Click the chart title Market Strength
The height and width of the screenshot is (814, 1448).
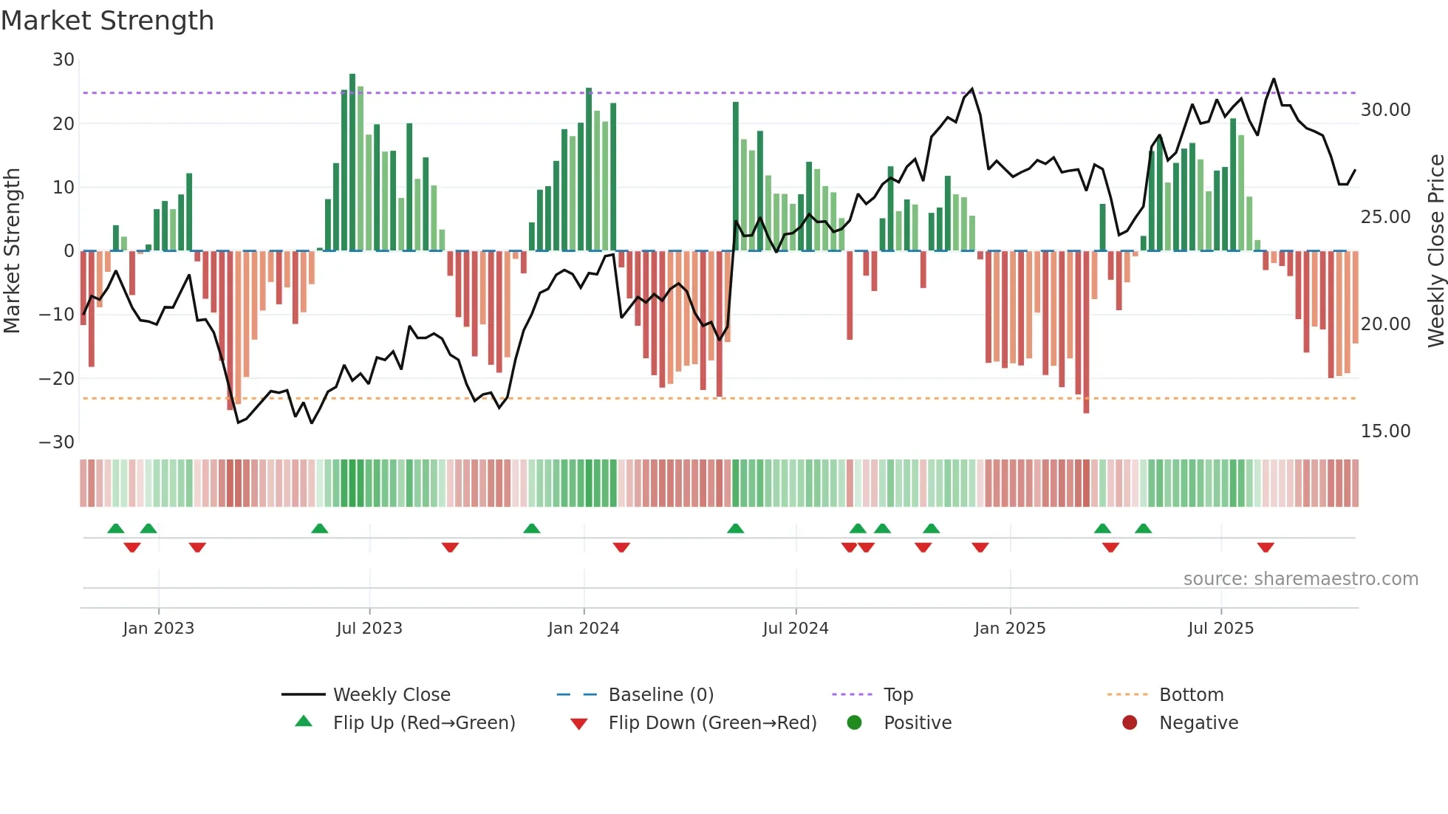click(107, 21)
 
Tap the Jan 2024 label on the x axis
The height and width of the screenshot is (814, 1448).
click(583, 629)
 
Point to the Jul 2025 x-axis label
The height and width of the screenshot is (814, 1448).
click(1220, 629)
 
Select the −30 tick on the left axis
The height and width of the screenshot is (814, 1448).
click(57, 442)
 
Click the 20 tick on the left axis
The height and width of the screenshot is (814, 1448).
click(64, 123)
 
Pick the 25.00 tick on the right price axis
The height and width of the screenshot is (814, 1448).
click(1385, 217)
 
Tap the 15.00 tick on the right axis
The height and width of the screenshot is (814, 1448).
click(1385, 431)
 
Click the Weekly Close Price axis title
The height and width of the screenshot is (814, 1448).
click(1435, 251)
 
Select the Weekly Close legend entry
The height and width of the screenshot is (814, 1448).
click(391, 695)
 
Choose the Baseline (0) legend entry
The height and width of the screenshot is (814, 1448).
click(660, 695)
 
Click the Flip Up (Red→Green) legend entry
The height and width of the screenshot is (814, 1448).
click(423, 723)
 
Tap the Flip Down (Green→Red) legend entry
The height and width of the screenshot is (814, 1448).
click(711, 723)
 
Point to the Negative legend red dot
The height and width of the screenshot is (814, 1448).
click(1129, 723)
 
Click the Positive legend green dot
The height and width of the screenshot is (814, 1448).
click(854, 723)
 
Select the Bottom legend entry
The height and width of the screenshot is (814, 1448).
click(1191, 695)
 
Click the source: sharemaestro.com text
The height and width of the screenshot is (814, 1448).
click(1300, 579)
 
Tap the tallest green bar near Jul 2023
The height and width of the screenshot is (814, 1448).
click(352, 163)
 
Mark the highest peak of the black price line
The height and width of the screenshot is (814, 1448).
click(1274, 79)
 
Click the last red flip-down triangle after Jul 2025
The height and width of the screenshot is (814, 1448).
click(1266, 547)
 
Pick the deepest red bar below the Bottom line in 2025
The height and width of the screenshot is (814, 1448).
click(1086, 332)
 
